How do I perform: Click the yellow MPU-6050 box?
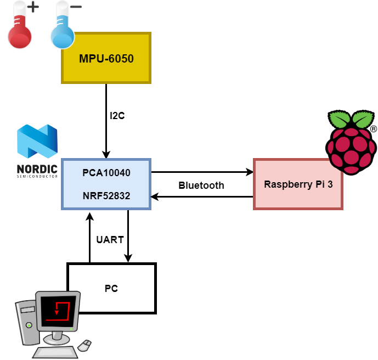[x=106, y=58]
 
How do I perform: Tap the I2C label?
[x=117, y=116]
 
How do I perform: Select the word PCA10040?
[x=106, y=173]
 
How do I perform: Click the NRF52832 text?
[x=106, y=195]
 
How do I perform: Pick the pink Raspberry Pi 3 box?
[x=298, y=184]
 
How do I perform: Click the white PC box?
[x=111, y=288]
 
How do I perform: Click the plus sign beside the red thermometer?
[x=33, y=7]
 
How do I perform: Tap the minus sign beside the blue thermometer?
[x=76, y=7]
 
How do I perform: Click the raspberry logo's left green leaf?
[x=340, y=120]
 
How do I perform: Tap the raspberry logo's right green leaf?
[x=362, y=120]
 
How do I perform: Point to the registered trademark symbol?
[x=374, y=129]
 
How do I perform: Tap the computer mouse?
[x=84, y=345]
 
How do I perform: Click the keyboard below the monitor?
[x=55, y=351]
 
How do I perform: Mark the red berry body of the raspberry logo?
[x=351, y=149]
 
